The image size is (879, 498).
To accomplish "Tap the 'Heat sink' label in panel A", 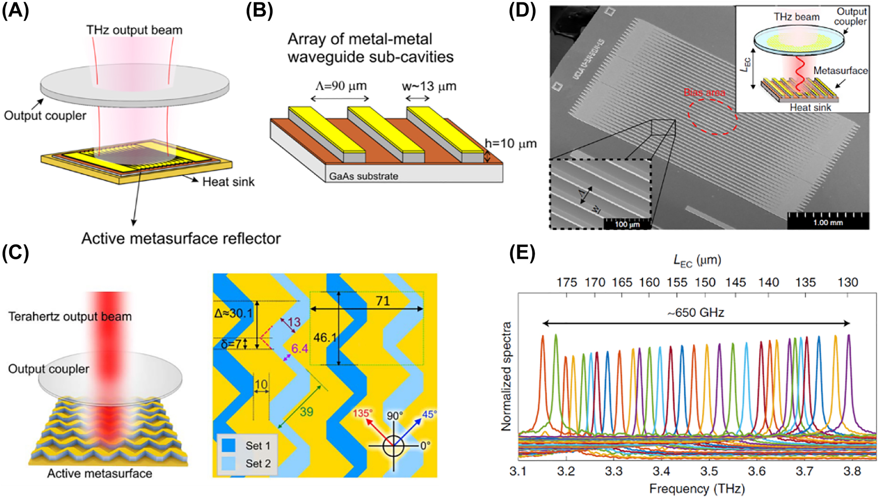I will pos(228,182).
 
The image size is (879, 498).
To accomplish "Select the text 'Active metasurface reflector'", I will pos(181,239).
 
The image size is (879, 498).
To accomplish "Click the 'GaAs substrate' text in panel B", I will pos(363,176).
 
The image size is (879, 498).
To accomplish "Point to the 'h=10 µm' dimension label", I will pos(510,144).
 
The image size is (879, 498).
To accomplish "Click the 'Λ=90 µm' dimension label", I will pos(341,86).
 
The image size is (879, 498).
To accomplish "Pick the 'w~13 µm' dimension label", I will pos(429,86).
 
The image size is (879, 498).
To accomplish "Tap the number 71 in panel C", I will pos(383,301).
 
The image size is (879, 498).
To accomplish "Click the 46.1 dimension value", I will pos(325,337).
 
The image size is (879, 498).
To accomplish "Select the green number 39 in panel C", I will pos(306,412).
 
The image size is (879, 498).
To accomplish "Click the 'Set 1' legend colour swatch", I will pos(228,445).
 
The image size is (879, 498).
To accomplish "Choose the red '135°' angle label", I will pos(362,414).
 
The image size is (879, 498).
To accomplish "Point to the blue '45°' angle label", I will pos(429,414).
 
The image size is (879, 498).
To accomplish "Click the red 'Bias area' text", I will pos(704,92).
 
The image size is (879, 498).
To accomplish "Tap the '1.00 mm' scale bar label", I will pos(828,223).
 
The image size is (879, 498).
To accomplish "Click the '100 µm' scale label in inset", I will pos(627,225).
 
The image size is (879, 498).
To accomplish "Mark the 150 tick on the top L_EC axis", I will pos(705,282).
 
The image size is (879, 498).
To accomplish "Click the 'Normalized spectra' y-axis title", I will pos(506,376).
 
